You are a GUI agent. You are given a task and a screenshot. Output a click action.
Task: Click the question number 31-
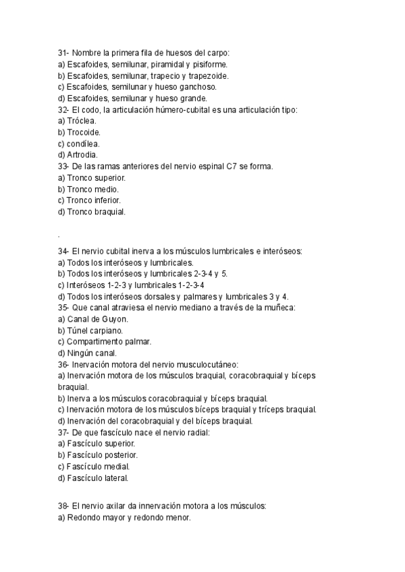click(63, 52)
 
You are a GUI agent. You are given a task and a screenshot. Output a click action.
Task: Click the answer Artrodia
click(84, 155)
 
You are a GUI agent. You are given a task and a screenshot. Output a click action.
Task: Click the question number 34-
click(63, 251)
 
